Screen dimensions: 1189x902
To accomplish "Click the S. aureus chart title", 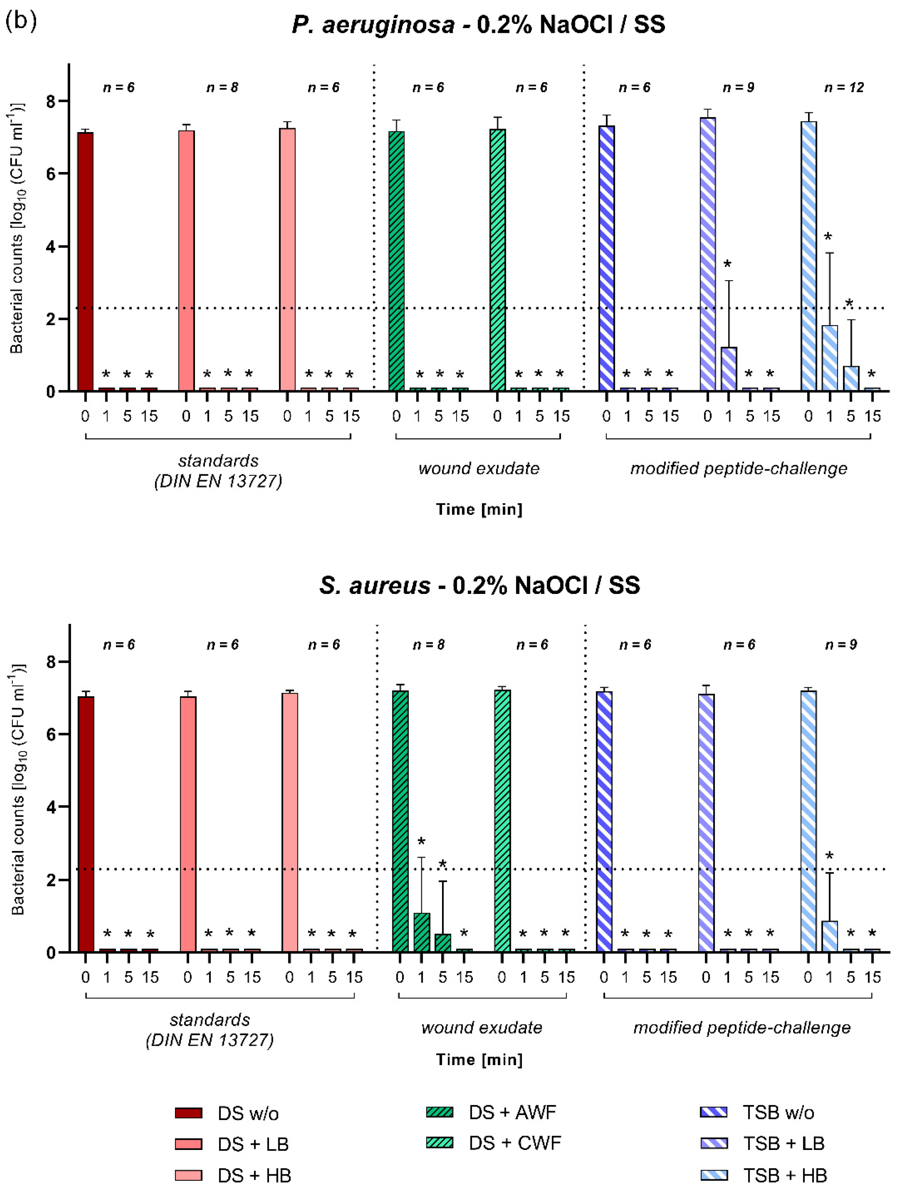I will (x=480, y=585).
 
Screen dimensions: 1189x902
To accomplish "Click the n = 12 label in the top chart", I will (x=844, y=88).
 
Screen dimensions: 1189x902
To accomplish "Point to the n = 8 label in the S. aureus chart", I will (x=428, y=645).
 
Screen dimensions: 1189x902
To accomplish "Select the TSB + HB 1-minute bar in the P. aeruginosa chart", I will (x=829, y=357).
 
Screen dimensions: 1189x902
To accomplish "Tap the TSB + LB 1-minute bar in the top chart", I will (x=728, y=369).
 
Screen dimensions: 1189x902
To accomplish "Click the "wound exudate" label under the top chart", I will (x=478, y=468).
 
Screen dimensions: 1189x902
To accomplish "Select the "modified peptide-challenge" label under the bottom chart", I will (x=742, y=1027).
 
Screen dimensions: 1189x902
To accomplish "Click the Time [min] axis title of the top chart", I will (x=478, y=509).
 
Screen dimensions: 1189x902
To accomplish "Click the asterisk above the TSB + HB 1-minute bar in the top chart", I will (x=828, y=237).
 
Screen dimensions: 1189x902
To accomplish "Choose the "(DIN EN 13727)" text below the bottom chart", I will (x=210, y=1040).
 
